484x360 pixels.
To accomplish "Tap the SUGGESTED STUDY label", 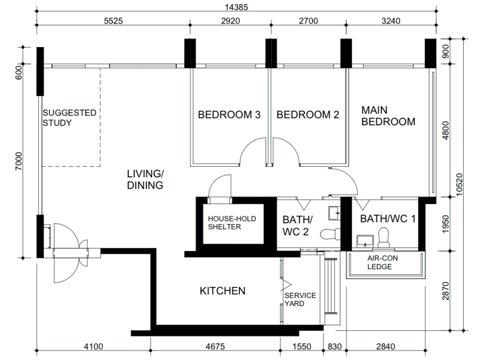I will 69,118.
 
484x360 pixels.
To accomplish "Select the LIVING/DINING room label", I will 145,179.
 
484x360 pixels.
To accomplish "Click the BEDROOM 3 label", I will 229,115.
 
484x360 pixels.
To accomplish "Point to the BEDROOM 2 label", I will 307,115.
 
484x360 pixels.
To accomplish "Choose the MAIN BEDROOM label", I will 388,116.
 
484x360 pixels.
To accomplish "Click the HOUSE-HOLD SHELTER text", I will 232,223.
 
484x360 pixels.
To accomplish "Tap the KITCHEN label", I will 222,291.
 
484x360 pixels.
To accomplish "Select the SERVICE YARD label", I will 300,299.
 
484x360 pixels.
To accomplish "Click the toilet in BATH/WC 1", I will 384,237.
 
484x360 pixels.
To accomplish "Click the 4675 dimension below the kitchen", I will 215,346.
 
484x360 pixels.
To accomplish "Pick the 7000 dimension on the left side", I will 19,163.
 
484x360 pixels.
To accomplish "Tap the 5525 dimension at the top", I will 113,21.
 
